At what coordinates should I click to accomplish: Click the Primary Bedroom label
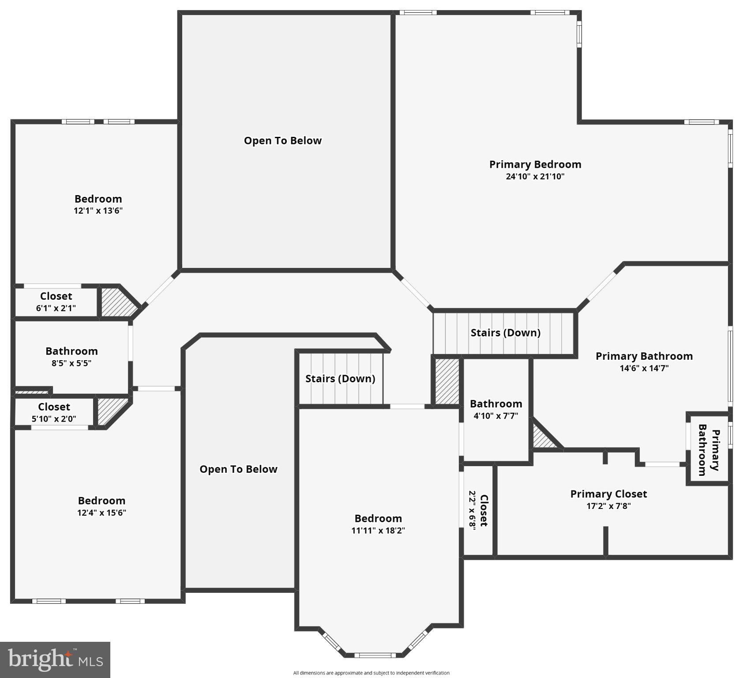click(535, 165)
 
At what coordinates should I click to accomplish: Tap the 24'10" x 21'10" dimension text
click(535, 177)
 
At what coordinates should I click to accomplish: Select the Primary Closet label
click(608, 494)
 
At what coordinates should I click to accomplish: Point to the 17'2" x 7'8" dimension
click(608, 506)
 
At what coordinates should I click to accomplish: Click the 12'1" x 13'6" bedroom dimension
click(98, 211)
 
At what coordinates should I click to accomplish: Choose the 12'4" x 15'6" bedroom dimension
click(101, 512)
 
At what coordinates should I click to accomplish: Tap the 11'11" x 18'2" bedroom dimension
click(378, 530)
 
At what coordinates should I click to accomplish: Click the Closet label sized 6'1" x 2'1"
click(56, 296)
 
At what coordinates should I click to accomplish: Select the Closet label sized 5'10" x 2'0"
click(54, 407)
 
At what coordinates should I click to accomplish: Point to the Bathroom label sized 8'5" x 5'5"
click(71, 351)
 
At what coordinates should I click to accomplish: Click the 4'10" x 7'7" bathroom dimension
click(496, 415)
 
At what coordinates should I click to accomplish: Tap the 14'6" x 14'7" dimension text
click(644, 368)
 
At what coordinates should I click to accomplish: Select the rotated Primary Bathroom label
click(709, 450)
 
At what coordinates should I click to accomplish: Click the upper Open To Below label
click(283, 141)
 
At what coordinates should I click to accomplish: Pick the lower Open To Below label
click(238, 469)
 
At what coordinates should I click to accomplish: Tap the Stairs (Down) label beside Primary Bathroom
click(505, 333)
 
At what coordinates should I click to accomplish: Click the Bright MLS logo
click(55, 660)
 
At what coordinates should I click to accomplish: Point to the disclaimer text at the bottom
click(371, 673)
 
